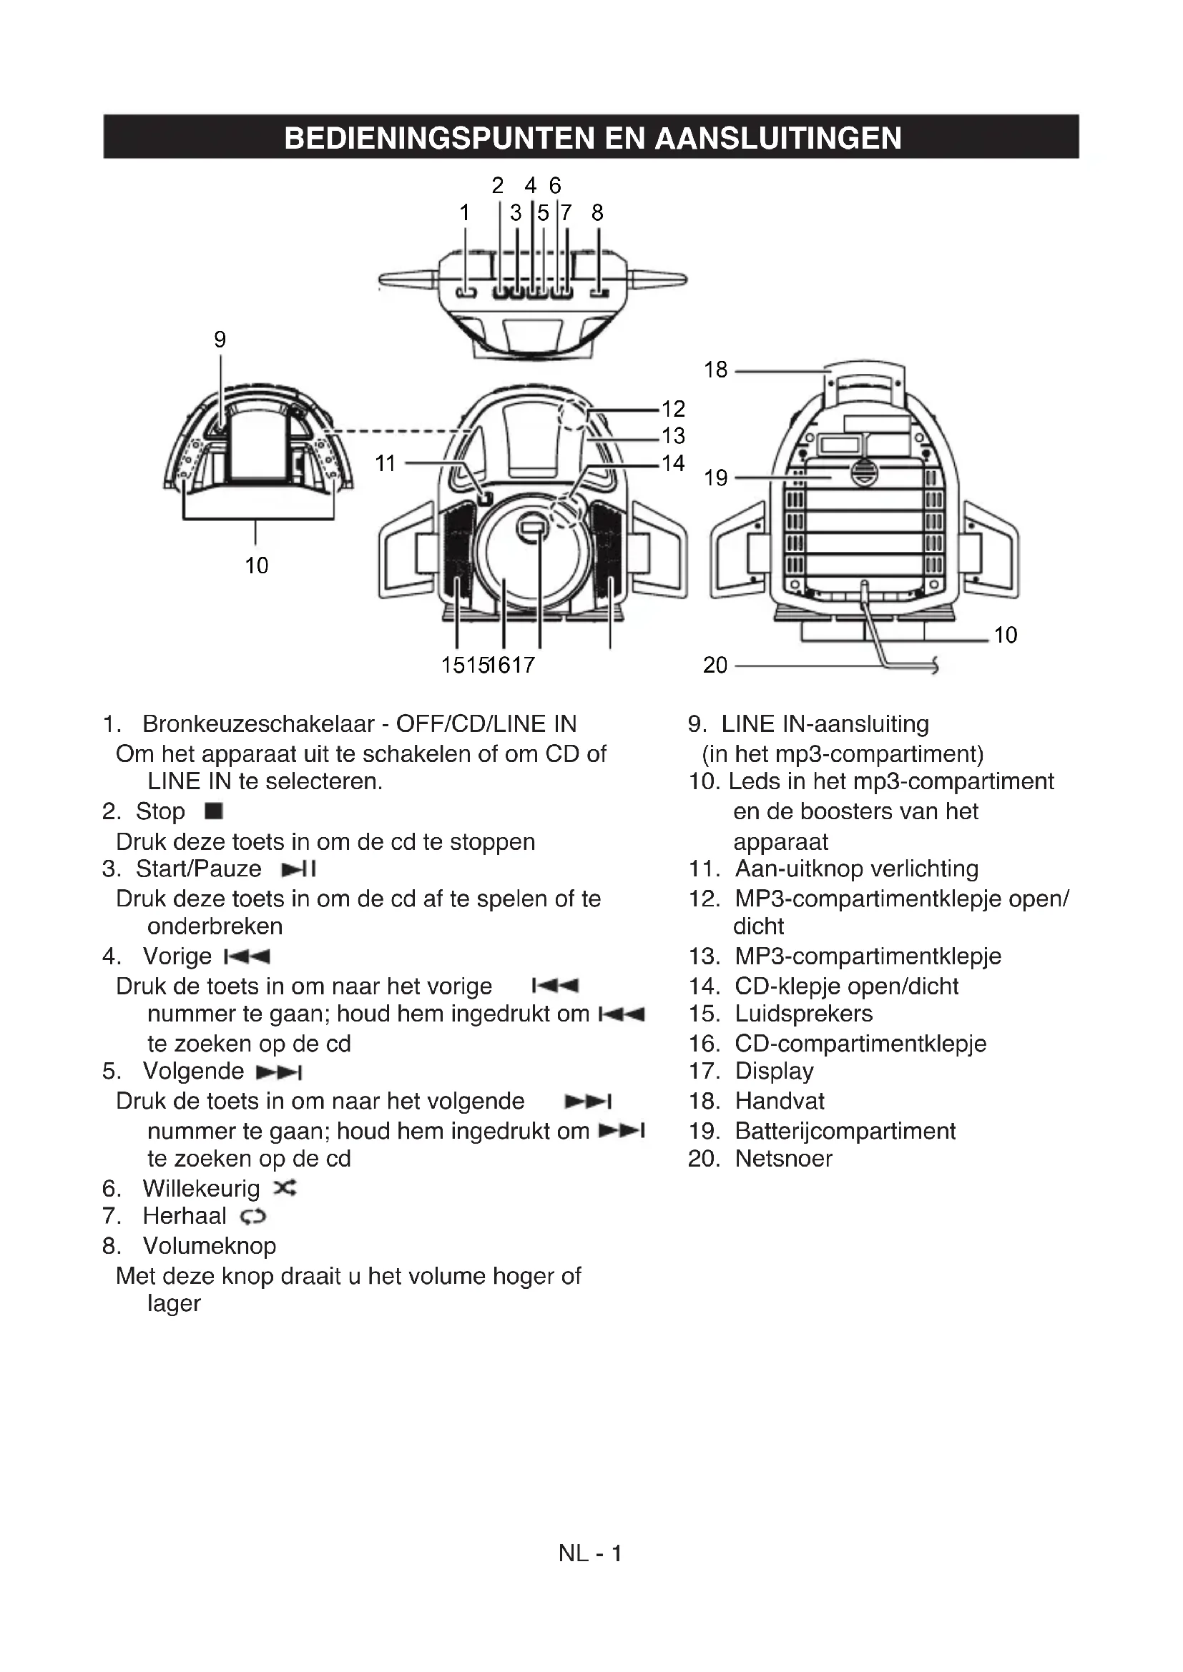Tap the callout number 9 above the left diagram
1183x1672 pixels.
pyautogui.click(x=220, y=340)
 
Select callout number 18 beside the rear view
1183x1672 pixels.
pyautogui.click(x=715, y=370)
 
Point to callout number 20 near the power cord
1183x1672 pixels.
pyautogui.click(x=715, y=665)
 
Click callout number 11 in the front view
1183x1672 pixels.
pyautogui.click(x=385, y=463)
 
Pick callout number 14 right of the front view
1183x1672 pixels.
pyautogui.click(x=673, y=463)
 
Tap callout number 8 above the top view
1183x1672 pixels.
pyautogui.click(x=597, y=212)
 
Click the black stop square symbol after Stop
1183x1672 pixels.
pyautogui.click(x=214, y=811)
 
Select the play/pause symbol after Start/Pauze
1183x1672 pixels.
pyautogui.click(x=299, y=869)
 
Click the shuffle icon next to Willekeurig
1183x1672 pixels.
pyautogui.click(x=285, y=1189)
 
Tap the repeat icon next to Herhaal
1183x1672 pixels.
pyautogui.click(x=254, y=1216)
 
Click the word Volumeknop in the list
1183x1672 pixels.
pyautogui.click(x=209, y=1246)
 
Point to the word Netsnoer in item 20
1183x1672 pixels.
pyautogui.click(x=783, y=1159)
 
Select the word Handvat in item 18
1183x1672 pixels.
pyautogui.click(x=780, y=1101)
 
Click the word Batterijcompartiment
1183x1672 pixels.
pyautogui.click(x=845, y=1131)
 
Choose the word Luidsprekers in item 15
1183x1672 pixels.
pyautogui.click(x=803, y=1014)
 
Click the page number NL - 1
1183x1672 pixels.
pyautogui.click(x=590, y=1553)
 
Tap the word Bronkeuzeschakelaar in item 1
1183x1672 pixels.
pyautogui.click(x=259, y=724)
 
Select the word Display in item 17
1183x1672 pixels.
pyautogui.click(x=774, y=1072)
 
